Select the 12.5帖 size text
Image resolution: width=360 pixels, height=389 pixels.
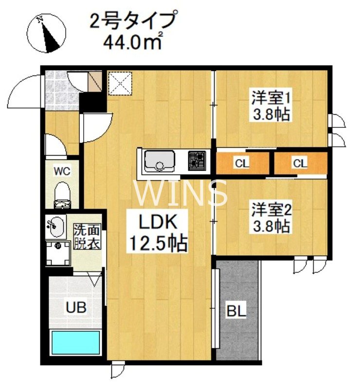pos(157,243)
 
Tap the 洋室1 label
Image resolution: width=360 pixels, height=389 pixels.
pos(271,97)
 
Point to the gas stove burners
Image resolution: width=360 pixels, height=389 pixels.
pos(197,160)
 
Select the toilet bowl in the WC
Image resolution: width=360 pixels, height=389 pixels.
pos(62,193)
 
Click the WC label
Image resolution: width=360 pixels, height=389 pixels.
pos(62,171)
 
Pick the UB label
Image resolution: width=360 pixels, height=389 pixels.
pos(76,307)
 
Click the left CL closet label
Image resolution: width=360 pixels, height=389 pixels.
pos(241,163)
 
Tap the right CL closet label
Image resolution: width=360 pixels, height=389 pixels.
pos(300,163)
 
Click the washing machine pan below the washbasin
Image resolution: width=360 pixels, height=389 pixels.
pos(58,253)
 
